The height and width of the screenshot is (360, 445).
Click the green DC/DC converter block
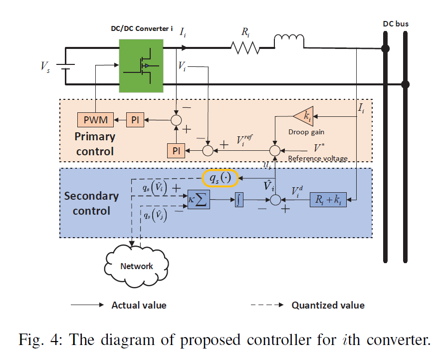coord(141,66)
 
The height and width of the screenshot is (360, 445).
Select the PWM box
coord(95,120)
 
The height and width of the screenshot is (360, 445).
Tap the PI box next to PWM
coord(134,120)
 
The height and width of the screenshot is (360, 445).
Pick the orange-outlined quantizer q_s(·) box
coord(220,178)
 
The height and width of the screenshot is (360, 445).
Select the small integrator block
coord(238,201)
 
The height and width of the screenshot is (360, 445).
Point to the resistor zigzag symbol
coord(245,48)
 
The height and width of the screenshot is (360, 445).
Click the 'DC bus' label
coord(396,23)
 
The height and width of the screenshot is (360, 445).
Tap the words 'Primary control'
coord(95,144)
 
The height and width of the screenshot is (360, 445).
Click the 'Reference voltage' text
coord(317,158)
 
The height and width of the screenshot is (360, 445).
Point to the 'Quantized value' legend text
coord(328,305)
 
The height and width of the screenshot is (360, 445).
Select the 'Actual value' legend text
coord(139,305)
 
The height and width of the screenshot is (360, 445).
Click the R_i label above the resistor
coord(245,32)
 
